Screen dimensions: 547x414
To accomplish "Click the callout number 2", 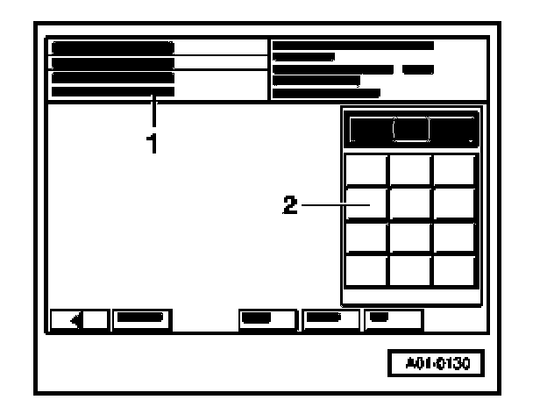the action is [290, 205].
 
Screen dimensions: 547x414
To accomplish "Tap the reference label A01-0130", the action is [435, 362].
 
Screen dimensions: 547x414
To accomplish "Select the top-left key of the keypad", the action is [366, 169].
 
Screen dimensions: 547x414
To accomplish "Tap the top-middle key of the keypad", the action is [410, 169].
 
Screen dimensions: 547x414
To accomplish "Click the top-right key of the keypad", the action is [454, 169].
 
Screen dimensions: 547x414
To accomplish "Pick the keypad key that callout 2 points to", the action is [366, 203].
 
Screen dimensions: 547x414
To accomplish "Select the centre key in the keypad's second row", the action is [410, 203].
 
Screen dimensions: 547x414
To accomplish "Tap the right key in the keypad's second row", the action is [454, 203].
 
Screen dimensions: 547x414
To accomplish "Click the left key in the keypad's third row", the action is [366, 237].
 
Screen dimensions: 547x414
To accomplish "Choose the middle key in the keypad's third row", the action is [410, 237].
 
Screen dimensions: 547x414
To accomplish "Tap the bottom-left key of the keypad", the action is [366, 270].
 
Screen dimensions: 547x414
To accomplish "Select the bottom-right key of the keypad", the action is [454, 270].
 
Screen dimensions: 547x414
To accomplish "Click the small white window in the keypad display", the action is [411, 129].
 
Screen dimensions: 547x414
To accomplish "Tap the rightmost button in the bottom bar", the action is [394, 318].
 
